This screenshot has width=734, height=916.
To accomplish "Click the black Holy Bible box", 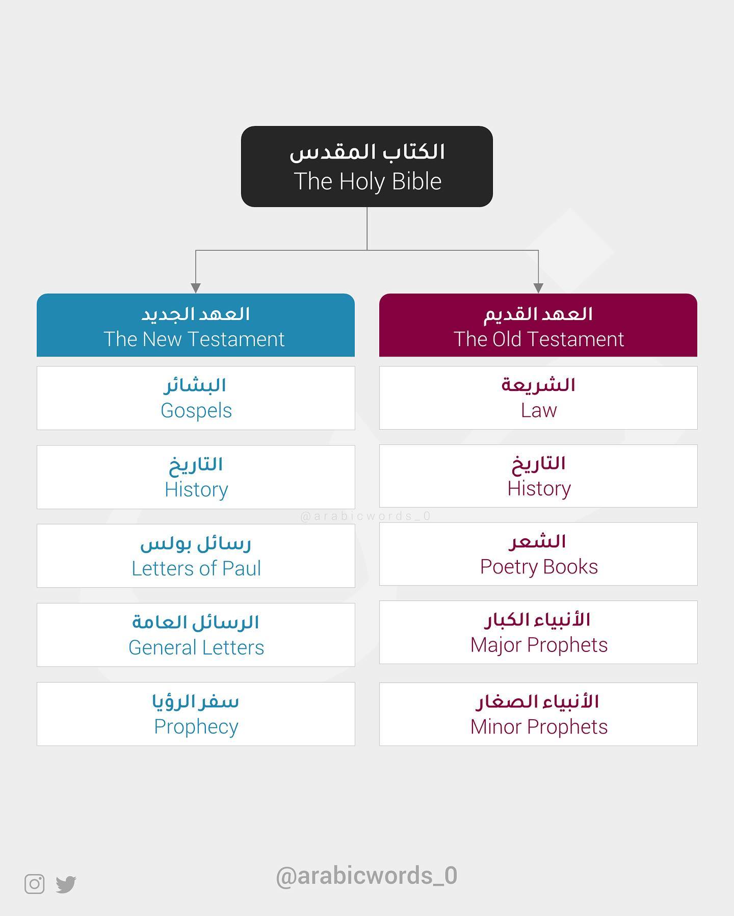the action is (x=367, y=166).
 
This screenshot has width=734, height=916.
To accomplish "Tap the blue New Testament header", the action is (x=196, y=325).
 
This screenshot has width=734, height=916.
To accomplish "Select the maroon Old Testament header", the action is (x=538, y=325).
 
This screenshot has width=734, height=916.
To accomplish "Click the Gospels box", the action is (x=196, y=398).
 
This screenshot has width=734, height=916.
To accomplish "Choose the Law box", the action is (x=538, y=398).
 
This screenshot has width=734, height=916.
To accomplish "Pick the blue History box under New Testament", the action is (x=196, y=477).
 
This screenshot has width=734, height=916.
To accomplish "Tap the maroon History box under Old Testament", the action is (x=538, y=476).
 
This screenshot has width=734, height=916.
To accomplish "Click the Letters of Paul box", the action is (x=196, y=556).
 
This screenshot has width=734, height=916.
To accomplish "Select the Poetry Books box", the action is (x=538, y=554).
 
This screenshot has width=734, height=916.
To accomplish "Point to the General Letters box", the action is (x=196, y=635).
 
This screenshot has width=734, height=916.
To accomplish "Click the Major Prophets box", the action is (x=538, y=632).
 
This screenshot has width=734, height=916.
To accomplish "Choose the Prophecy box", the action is (x=196, y=714).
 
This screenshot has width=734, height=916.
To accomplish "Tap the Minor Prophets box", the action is (x=538, y=714).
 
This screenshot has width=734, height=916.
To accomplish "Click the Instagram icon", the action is (x=35, y=884).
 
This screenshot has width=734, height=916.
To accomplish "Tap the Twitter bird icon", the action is (x=66, y=884).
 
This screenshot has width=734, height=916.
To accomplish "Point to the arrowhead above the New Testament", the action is (x=196, y=288).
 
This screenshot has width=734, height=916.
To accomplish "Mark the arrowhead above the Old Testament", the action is (x=538, y=288).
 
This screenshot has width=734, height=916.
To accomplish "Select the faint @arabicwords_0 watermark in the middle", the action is (x=366, y=516).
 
